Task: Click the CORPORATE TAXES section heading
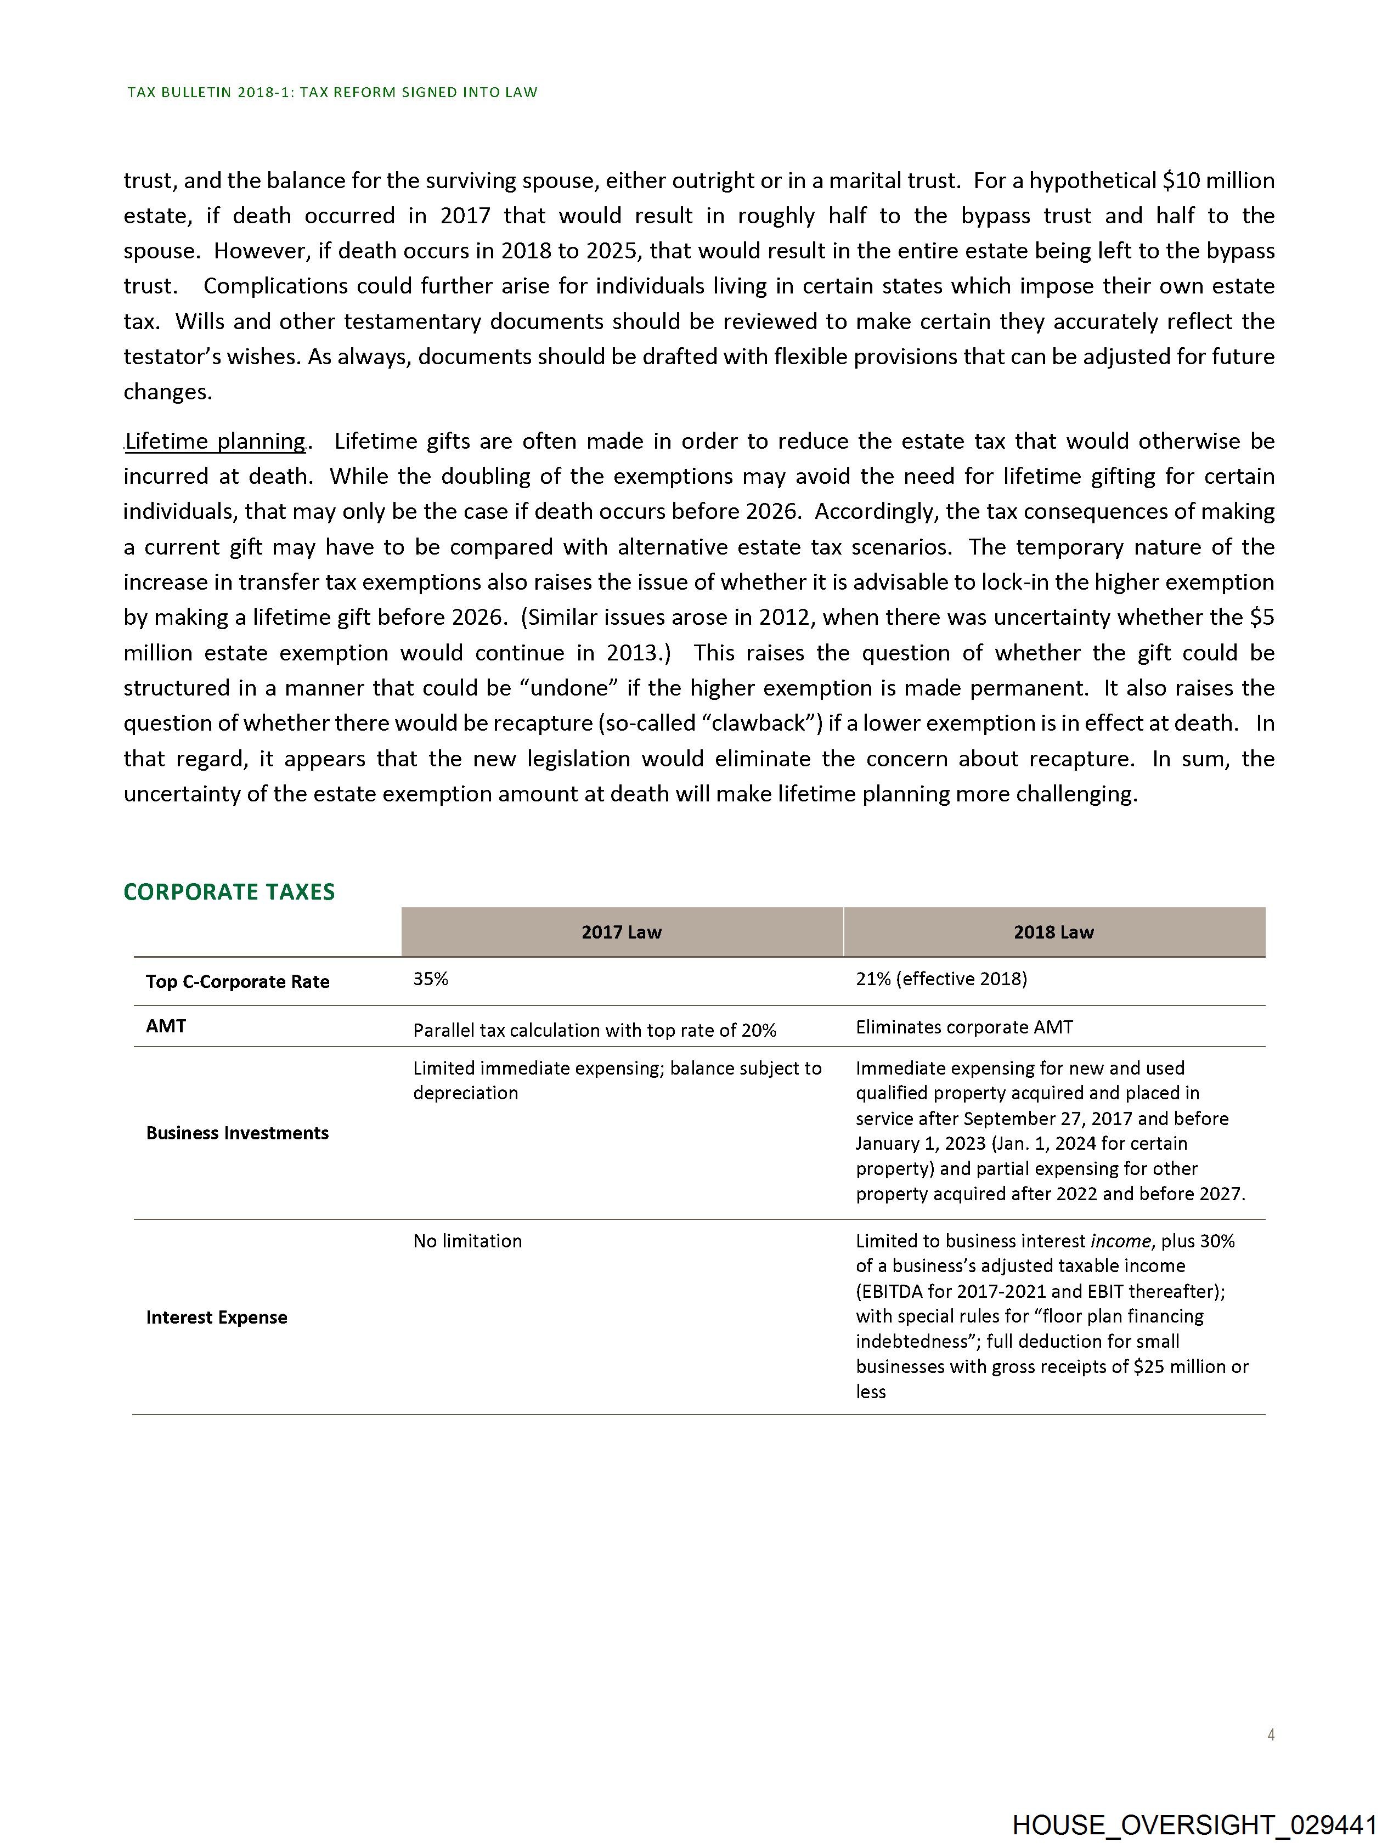[x=229, y=892]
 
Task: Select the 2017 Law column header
[x=621, y=933]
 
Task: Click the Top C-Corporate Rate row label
[x=238, y=982]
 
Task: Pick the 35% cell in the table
[x=430, y=979]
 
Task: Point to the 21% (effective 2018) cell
[x=941, y=979]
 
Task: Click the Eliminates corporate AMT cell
[x=963, y=1027]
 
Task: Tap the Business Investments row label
[x=238, y=1133]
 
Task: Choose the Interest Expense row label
[x=217, y=1318]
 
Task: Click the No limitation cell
[x=467, y=1241]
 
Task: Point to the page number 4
[x=1270, y=1735]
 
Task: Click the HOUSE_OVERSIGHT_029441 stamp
[x=1194, y=1824]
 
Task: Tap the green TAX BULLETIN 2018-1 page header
[x=332, y=93]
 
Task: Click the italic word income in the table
[x=1121, y=1241]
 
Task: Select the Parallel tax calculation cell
[x=594, y=1031]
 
